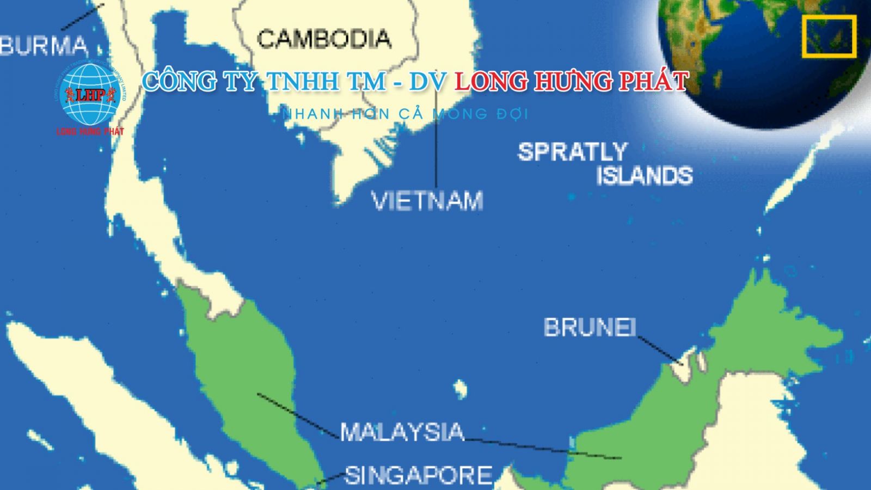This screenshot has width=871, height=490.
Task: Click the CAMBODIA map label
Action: click(324, 39)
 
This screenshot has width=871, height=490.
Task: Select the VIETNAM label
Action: click(427, 201)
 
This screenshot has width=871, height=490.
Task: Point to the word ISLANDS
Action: click(645, 176)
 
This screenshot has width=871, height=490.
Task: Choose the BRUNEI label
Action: click(590, 327)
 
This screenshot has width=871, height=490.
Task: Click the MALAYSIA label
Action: click(402, 432)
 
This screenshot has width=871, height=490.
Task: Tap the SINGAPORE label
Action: click(419, 475)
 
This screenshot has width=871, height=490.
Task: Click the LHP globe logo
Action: click(89, 94)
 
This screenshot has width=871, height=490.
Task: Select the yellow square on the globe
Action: click(829, 36)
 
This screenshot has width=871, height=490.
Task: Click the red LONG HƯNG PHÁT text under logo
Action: click(90, 131)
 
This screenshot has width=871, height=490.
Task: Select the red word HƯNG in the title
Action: click(568, 82)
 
